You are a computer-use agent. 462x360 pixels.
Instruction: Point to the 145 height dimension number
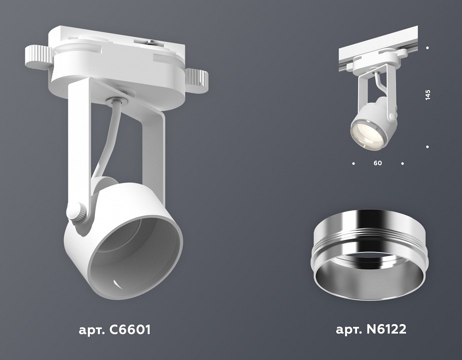pyautogui.click(x=428, y=95)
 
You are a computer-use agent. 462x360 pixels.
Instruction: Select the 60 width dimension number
pyautogui.click(x=378, y=163)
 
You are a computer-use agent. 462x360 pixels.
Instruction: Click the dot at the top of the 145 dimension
pyautogui.click(x=428, y=48)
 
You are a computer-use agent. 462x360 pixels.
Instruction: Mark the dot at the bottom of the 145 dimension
pyautogui.click(x=428, y=146)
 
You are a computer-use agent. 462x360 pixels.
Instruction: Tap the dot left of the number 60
pyautogui.click(x=354, y=163)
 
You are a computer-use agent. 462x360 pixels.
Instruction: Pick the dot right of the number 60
pyautogui.click(x=403, y=163)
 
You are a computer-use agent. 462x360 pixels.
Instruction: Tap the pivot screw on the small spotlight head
pyautogui.click(x=393, y=116)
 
